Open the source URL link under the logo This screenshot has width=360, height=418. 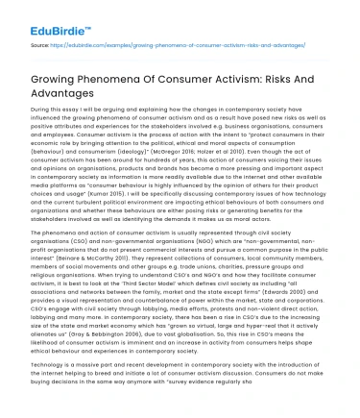[x=183, y=44]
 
